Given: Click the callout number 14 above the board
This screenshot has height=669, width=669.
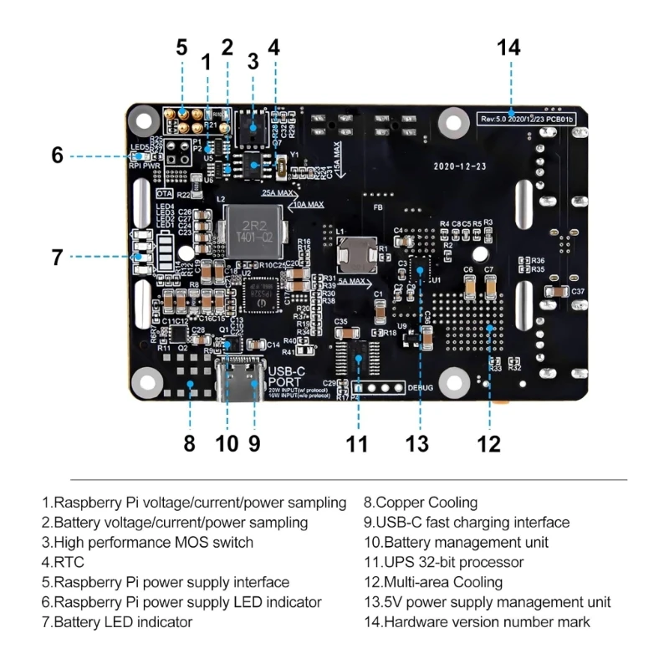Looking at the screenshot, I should [508, 48].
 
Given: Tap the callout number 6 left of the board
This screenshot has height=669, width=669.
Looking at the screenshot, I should [57, 156].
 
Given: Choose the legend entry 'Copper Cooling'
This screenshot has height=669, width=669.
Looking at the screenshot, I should [421, 503].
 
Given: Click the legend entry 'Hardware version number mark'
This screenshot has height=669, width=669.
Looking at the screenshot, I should [477, 622].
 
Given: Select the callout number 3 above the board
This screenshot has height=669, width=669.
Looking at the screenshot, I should [253, 61].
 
